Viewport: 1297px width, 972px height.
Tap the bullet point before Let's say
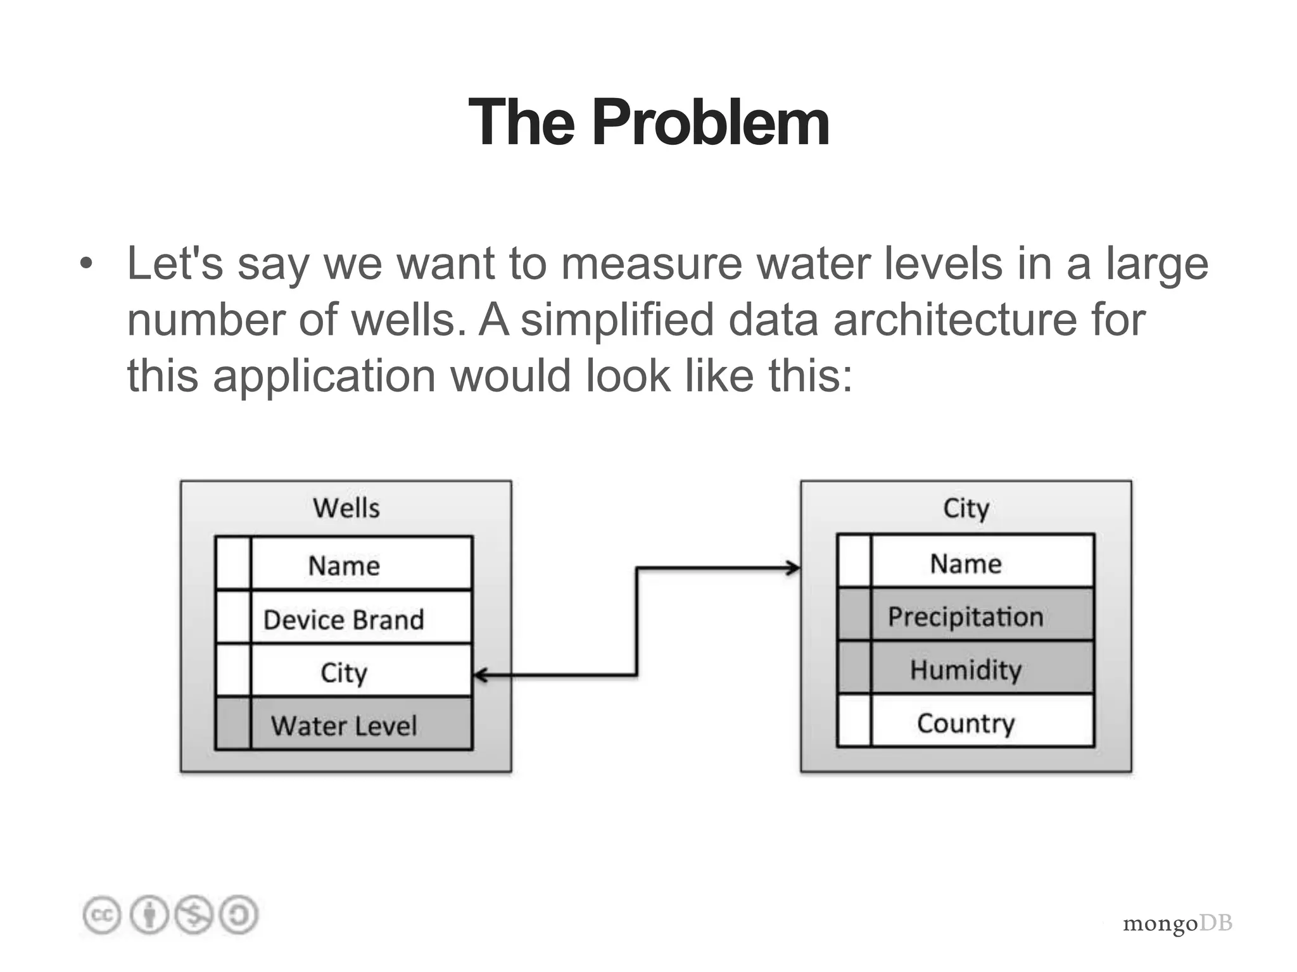pyautogui.click(x=86, y=263)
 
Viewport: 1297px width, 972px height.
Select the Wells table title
pyautogui.click(x=346, y=508)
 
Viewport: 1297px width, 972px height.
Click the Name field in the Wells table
pyautogui.click(x=344, y=565)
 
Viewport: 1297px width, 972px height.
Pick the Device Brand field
pyautogui.click(x=343, y=620)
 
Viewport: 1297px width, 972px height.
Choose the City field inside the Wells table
pyautogui.click(x=343, y=672)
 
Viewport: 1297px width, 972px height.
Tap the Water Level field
pyautogui.click(x=343, y=725)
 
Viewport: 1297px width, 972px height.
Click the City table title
pyautogui.click(x=966, y=508)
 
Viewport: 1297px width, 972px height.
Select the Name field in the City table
pyautogui.click(x=966, y=563)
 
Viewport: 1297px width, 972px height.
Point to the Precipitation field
pyautogui.click(x=966, y=616)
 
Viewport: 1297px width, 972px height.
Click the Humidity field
pyautogui.click(x=966, y=670)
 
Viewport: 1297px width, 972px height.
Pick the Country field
pyautogui.click(x=966, y=723)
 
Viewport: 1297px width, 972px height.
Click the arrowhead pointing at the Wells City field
pyautogui.click(x=481, y=675)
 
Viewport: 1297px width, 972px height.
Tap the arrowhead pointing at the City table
pyautogui.click(x=793, y=568)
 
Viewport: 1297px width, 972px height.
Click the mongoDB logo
pyautogui.click(x=1177, y=923)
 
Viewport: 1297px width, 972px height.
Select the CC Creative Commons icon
pyautogui.click(x=101, y=915)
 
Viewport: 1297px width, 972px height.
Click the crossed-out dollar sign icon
pyautogui.click(x=194, y=915)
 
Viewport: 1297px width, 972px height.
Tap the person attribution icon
pyautogui.click(x=149, y=915)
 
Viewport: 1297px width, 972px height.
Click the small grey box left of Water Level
pyautogui.click(x=233, y=724)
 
